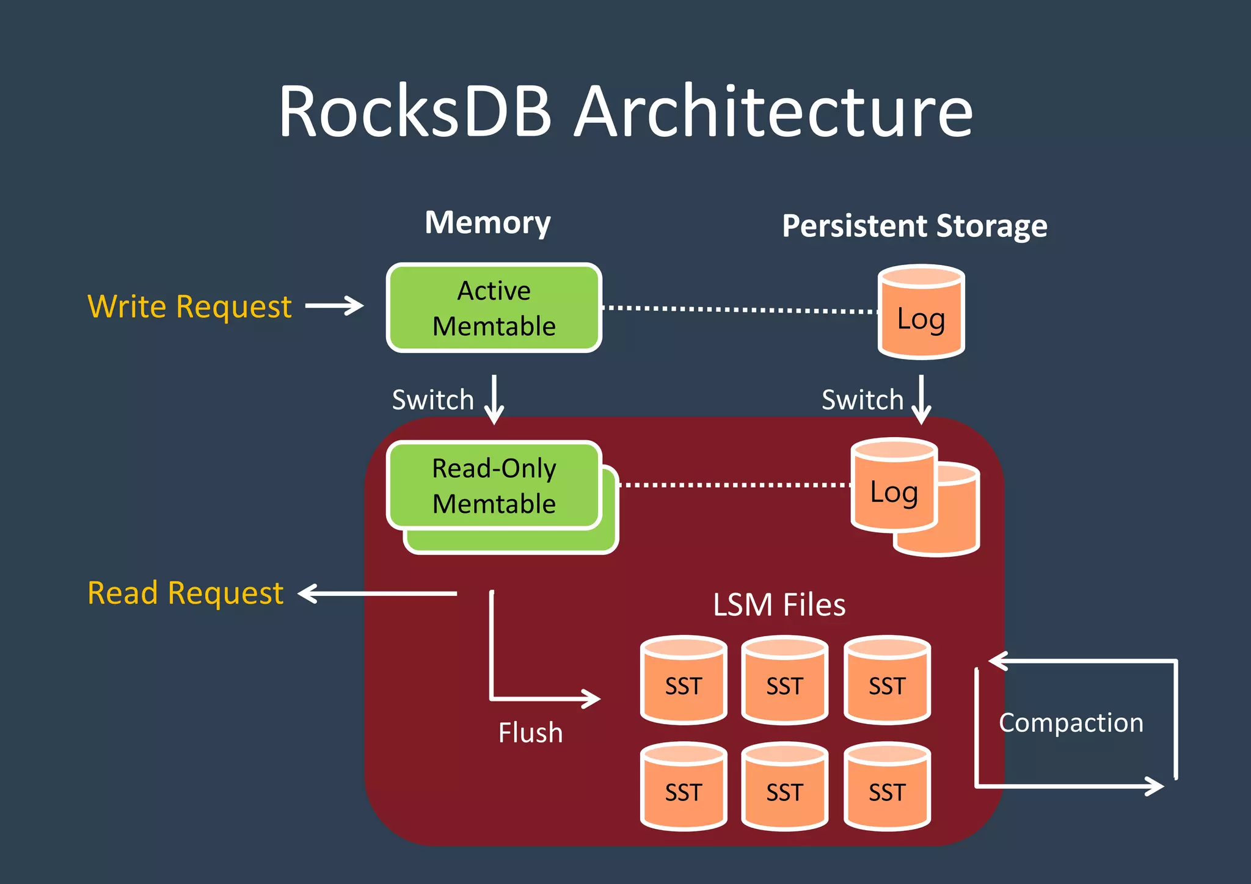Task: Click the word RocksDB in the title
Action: pos(415,111)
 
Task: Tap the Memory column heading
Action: pos(487,222)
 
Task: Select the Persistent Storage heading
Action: pos(914,226)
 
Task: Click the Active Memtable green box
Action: pos(494,308)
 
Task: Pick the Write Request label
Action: pos(189,306)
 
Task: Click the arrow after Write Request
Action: pos(334,306)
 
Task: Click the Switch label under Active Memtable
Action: pos(432,400)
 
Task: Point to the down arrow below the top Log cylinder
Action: pos(921,400)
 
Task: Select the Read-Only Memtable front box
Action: pos(494,485)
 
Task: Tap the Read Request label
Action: pos(185,593)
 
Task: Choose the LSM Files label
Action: pos(779,604)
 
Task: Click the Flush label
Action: pos(530,733)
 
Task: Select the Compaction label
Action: pos(1071,723)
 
